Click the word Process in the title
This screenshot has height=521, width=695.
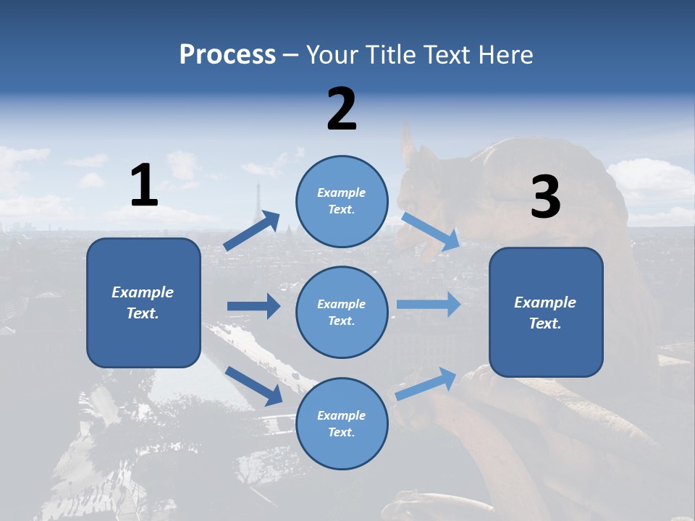click(227, 55)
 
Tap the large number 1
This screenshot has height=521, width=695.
click(144, 186)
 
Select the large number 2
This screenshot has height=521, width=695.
click(342, 109)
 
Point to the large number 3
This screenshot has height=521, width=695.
click(545, 198)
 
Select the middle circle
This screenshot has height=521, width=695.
click(342, 312)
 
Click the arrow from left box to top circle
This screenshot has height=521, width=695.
click(252, 231)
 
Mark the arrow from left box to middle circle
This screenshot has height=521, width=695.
click(253, 306)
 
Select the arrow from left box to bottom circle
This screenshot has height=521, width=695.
click(254, 386)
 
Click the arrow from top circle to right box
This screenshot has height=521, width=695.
click(430, 232)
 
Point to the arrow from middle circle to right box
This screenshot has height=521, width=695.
click(429, 304)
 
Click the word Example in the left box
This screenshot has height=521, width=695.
click(143, 292)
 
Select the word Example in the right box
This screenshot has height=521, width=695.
click(545, 302)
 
